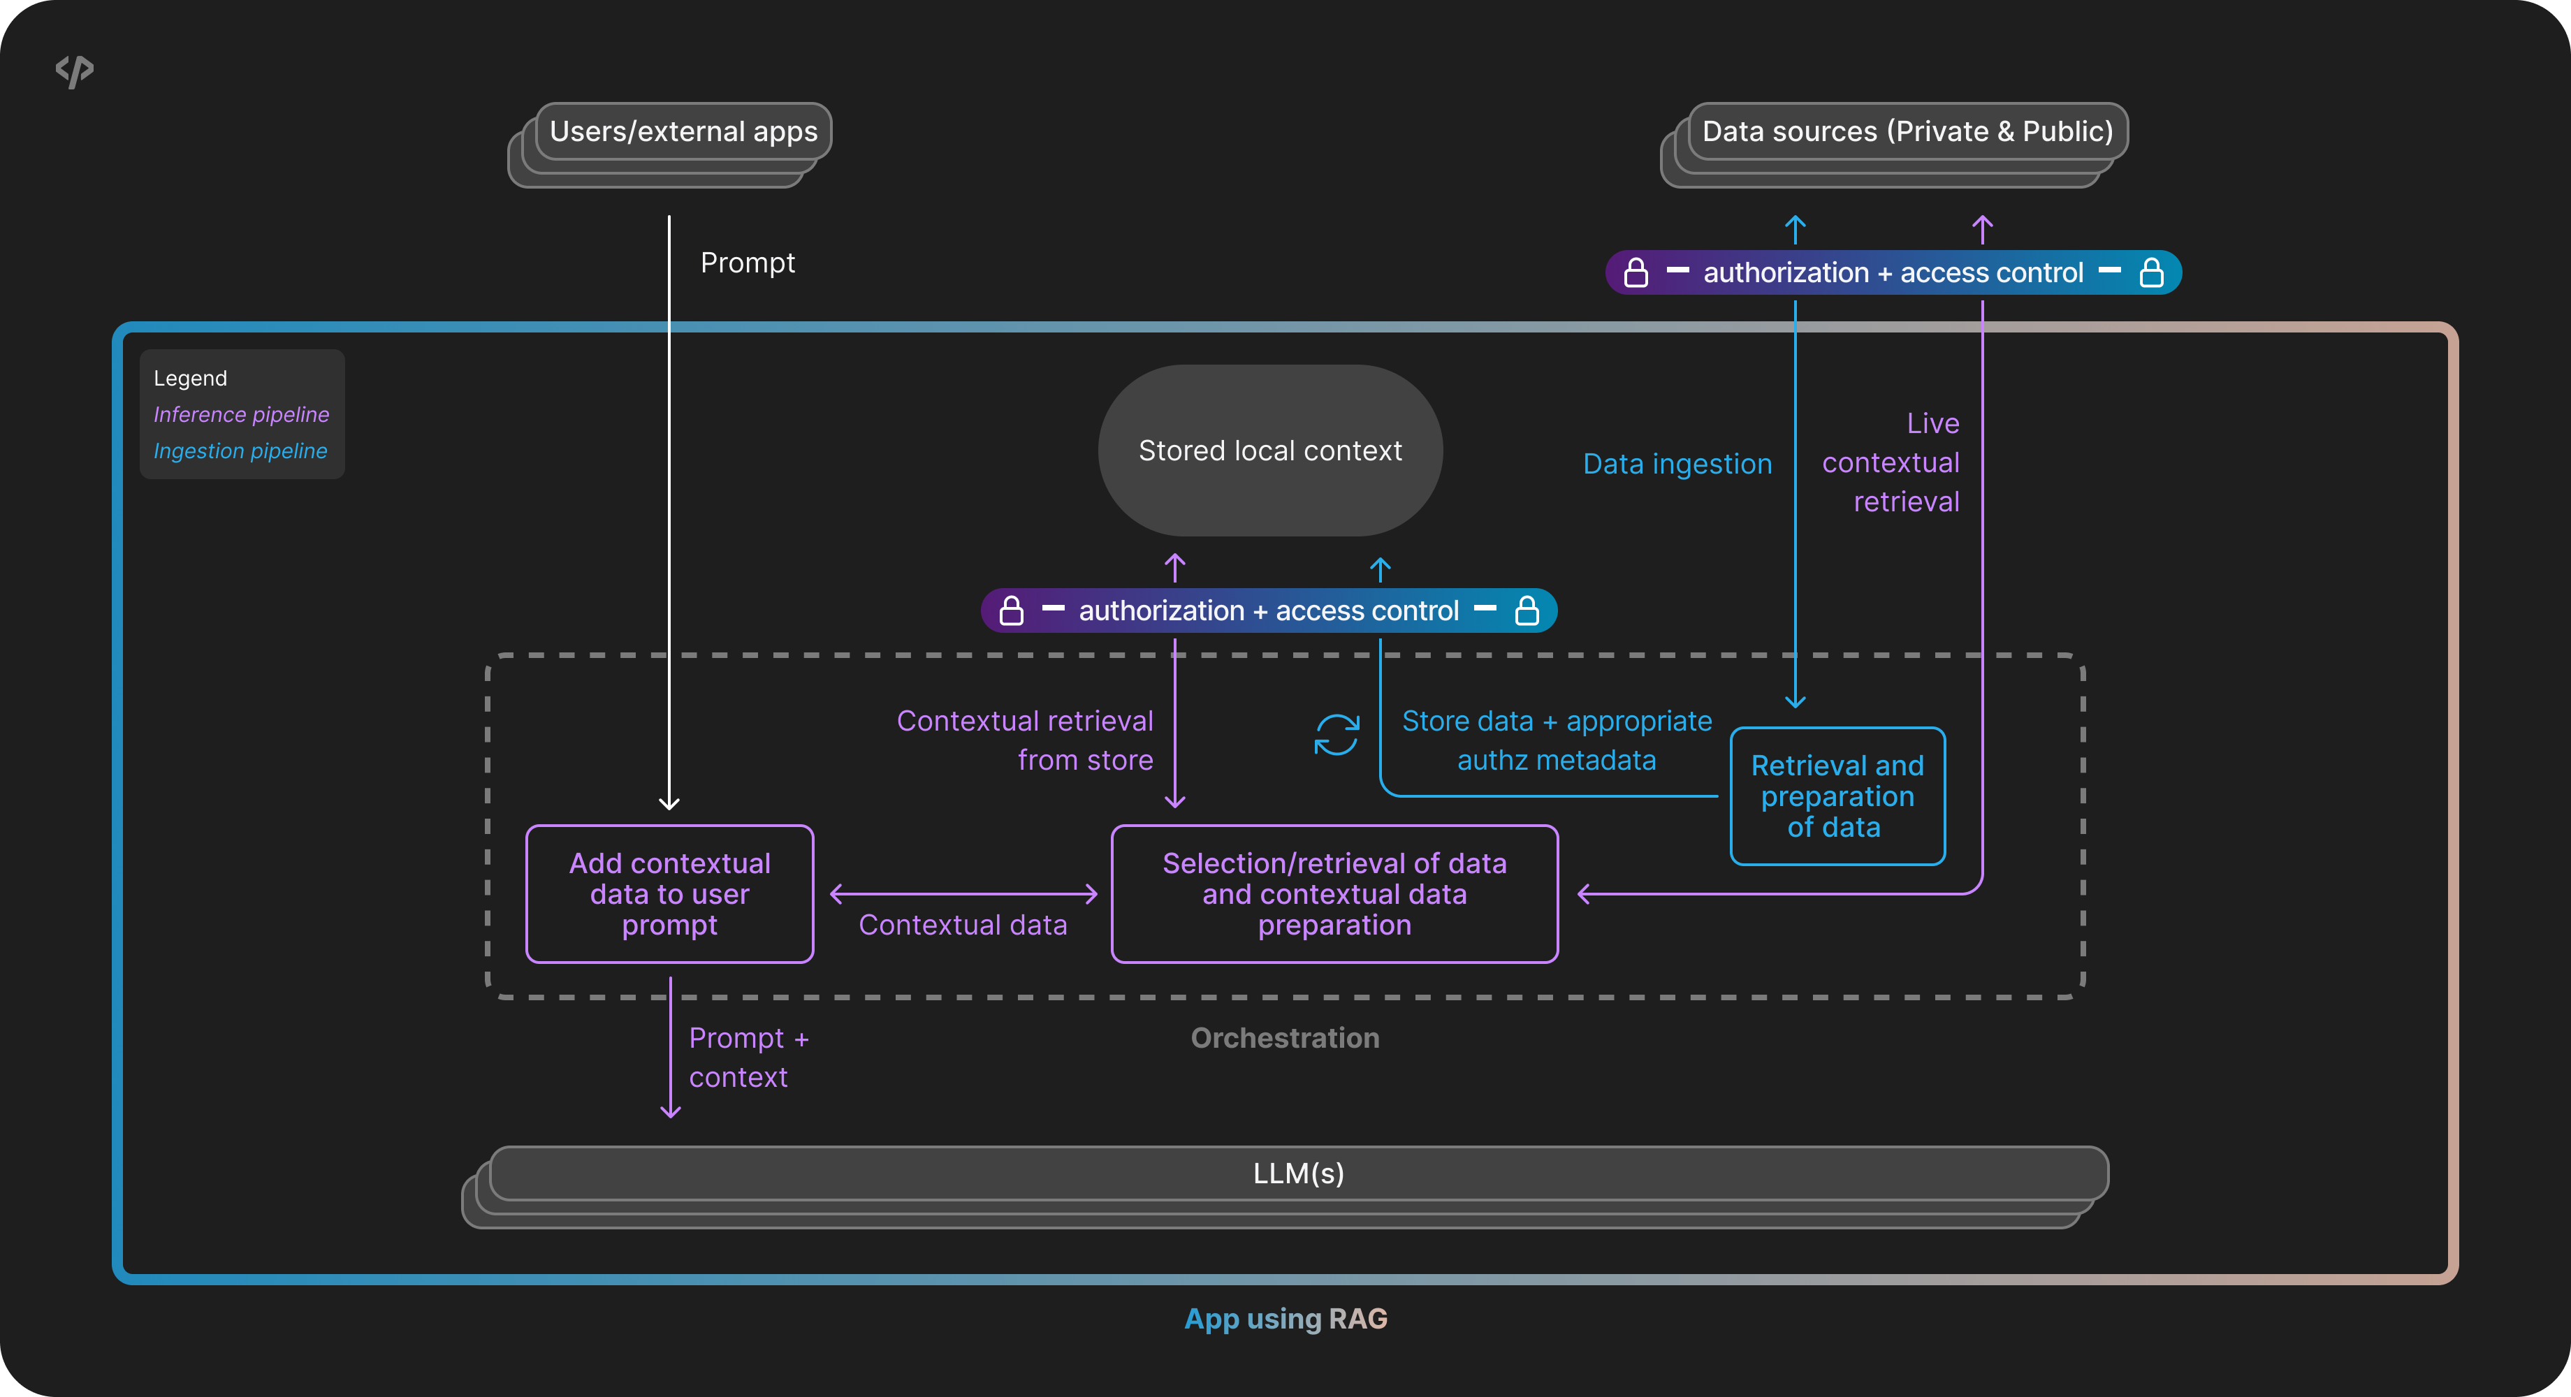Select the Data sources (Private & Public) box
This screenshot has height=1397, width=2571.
(1907, 132)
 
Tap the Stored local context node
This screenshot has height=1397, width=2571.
(1269, 451)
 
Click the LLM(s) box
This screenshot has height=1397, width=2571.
(1297, 1173)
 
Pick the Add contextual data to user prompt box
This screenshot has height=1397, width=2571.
(670, 894)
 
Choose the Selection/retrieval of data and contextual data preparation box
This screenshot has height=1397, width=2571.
(1334, 894)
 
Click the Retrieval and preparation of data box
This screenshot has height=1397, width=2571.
(1837, 796)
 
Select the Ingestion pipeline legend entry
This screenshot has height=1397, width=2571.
(240, 451)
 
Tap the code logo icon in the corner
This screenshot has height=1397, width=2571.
(75, 71)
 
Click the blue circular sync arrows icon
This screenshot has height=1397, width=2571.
(1337, 736)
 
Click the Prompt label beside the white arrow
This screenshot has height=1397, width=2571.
(748, 263)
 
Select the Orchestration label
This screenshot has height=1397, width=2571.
(1285, 1038)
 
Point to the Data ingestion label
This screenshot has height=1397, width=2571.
(1677, 464)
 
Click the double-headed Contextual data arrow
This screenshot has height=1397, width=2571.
(963, 894)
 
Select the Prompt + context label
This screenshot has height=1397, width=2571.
(748, 1058)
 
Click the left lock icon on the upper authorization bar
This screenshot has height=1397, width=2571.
(1636, 272)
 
